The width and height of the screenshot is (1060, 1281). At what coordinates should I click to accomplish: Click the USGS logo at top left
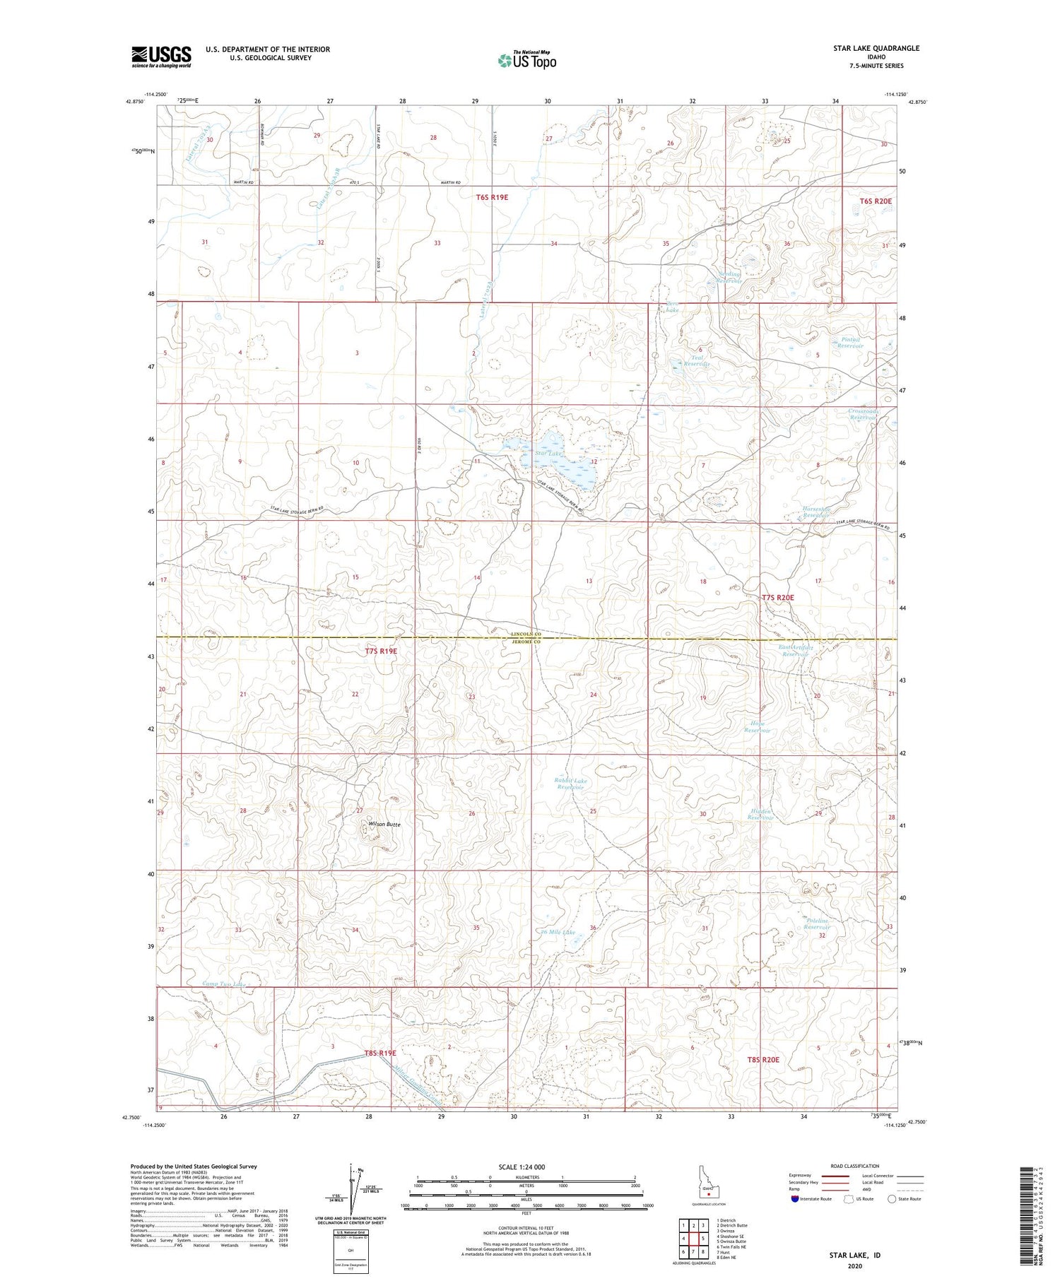coord(161,57)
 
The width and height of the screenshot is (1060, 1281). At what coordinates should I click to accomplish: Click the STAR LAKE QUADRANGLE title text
coord(876,48)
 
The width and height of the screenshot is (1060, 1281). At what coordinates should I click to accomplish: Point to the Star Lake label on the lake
coord(548,453)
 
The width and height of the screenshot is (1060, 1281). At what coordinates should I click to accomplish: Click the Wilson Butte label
coord(384,825)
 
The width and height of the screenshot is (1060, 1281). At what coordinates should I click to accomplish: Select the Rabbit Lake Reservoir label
coord(570,784)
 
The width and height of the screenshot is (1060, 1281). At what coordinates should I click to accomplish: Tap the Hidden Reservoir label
coord(761,815)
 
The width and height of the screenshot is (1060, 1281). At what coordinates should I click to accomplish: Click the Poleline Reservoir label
coord(823,923)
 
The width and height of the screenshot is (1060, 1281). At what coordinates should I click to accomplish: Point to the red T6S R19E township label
coord(491,198)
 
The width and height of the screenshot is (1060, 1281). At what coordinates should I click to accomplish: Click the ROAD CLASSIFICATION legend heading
coord(855,1166)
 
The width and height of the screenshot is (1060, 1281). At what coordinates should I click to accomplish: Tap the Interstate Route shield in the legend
coord(794,1199)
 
